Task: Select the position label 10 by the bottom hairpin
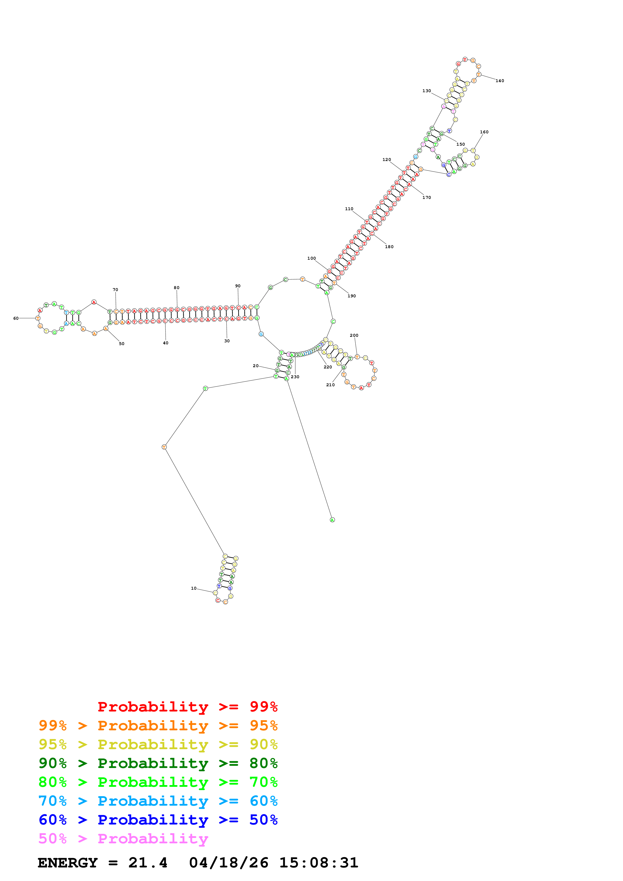(194, 588)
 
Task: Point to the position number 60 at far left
(16, 318)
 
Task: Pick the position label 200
(354, 335)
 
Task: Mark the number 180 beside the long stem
(389, 247)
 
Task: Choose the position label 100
(311, 258)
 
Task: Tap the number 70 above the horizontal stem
(115, 290)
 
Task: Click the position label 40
(165, 343)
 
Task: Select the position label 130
(426, 91)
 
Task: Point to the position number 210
(330, 385)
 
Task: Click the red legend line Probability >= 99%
(187, 706)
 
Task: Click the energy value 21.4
(148, 863)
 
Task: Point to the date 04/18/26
(228, 863)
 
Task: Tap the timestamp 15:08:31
(319, 863)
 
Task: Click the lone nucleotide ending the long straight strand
(332, 520)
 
